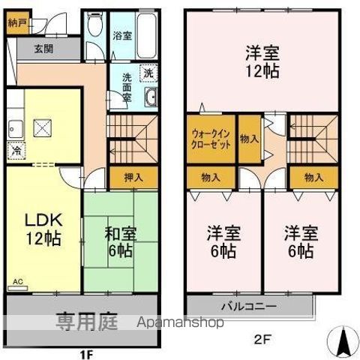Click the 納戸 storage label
(18, 22)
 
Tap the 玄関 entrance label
(43, 49)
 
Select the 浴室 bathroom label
(121, 35)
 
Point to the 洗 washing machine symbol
(148, 73)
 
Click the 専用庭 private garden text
(89, 322)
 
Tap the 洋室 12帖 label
(260, 63)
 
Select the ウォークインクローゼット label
(211, 138)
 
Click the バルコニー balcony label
(248, 306)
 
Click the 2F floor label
(261, 339)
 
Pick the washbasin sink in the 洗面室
(150, 97)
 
